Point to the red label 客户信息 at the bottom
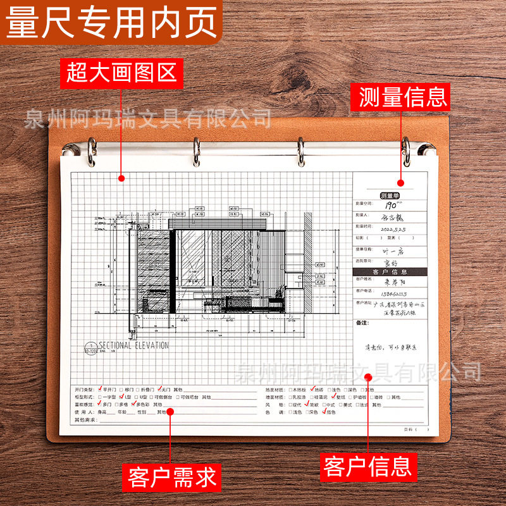[367, 467]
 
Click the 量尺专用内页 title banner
[111, 23]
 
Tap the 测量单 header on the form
[390, 195]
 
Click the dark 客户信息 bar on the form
[390, 271]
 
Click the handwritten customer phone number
[393, 293]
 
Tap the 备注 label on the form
[362, 323]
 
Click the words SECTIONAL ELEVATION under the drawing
[133, 345]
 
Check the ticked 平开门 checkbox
[99, 389]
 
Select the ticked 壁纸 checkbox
[334, 397]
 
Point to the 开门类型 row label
[84, 390]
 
